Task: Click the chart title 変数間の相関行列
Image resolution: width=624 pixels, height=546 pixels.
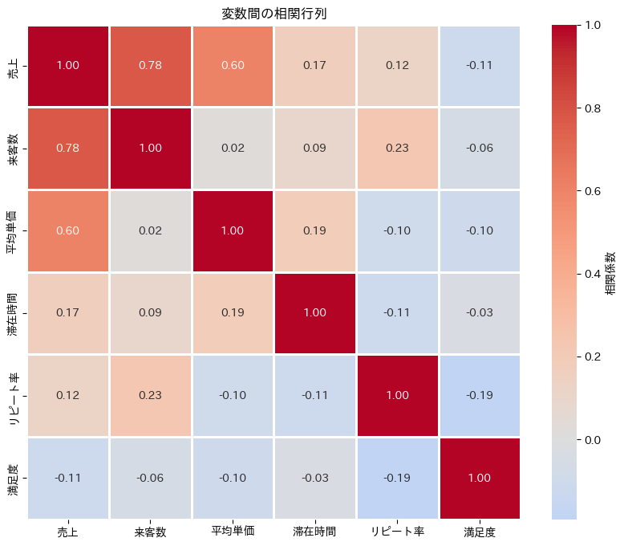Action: click(274, 14)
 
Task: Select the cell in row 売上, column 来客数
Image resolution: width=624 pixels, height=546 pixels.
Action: click(150, 65)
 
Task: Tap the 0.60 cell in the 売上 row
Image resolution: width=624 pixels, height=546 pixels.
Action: click(233, 65)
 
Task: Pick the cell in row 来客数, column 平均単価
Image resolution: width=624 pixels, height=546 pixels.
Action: click(233, 148)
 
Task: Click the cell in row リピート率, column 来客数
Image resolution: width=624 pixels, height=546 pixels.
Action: click(150, 395)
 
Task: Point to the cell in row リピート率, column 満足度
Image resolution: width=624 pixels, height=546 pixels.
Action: click(479, 395)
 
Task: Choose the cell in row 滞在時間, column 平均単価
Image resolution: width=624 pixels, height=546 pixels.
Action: click(233, 312)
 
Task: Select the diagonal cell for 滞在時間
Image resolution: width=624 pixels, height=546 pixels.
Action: click(314, 312)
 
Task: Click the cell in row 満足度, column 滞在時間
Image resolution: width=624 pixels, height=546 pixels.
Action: click(314, 478)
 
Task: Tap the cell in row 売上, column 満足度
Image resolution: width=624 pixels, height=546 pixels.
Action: click(479, 65)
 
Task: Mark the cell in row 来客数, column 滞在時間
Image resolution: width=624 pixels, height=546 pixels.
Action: click(314, 148)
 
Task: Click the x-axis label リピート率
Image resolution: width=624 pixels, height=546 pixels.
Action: click(397, 532)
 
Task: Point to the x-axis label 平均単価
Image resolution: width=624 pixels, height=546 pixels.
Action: click(233, 532)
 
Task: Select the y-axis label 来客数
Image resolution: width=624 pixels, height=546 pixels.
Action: click(14, 148)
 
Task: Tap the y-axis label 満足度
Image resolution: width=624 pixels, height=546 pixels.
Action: click(14, 478)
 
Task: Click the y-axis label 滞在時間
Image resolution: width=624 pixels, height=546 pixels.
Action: click(14, 312)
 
